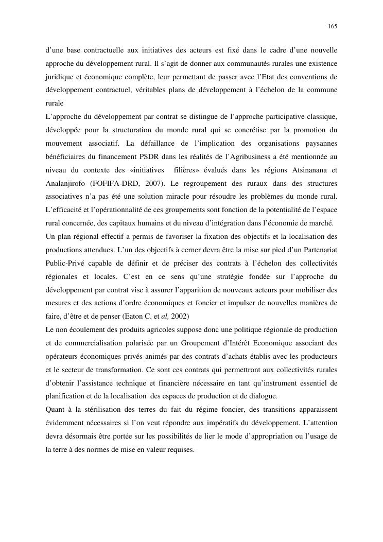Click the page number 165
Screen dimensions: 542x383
coord(332,26)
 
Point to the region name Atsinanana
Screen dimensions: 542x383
coord(309,169)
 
